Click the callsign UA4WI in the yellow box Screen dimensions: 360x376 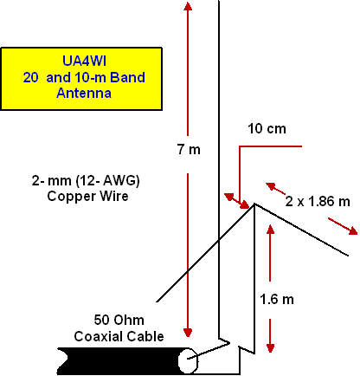coord(84,61)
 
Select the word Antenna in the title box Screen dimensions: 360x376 coord(84,93)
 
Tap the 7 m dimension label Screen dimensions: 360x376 coord(189,149)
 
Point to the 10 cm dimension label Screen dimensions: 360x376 coord(267,129)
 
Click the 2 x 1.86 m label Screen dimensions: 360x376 coord(318,201)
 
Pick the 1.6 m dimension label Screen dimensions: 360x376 coord(277,299)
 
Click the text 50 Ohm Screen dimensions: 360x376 coord(119,320)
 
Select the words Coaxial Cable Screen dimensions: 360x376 coord(119,336)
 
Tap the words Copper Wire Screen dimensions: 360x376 coord(87,196)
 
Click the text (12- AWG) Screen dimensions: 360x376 coord(107,181)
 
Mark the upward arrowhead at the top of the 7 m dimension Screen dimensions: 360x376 coord(188,6)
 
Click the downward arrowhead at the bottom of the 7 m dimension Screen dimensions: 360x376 coord(188,333)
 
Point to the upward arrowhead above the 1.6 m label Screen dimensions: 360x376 coord(270,229)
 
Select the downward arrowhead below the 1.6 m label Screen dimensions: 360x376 coord(270,348)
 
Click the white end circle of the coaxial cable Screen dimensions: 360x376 coord(188,360)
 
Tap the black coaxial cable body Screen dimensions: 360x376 coord(121,361)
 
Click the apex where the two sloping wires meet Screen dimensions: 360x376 coord(254,204)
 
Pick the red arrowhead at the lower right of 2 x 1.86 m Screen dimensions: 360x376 coord(353,230)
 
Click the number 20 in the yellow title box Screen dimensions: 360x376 coord(30,77)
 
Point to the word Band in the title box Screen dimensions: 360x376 coord(127,77)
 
